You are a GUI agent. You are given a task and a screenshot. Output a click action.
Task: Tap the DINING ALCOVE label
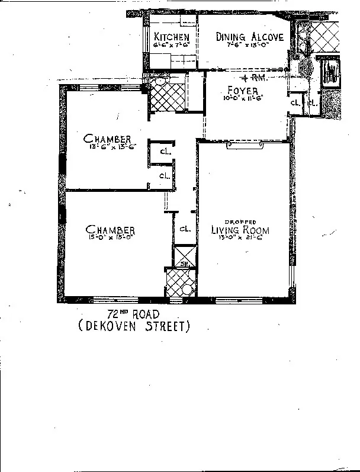(249, 37)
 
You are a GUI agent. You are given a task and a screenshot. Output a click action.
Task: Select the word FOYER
(243, 91)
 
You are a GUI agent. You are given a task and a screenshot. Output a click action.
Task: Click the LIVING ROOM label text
(240, 230)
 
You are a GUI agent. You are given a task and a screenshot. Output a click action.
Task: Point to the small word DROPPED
(240, 222)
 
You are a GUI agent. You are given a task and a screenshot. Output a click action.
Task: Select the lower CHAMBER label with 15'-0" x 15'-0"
(110, 230)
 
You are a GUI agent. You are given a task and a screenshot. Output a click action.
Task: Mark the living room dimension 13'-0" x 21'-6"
(240, 239)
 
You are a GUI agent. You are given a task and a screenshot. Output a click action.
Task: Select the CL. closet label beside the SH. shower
(184, 228)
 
